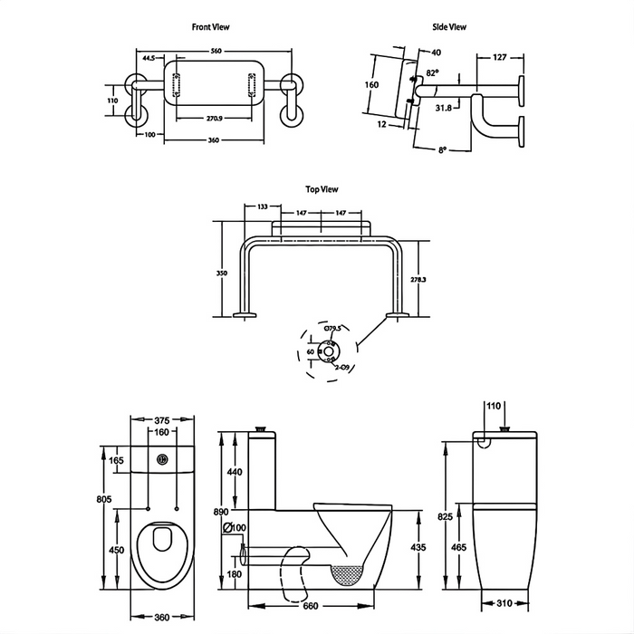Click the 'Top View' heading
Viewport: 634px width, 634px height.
(x=322, y=189)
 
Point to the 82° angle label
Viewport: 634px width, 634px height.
(x=431, y=72)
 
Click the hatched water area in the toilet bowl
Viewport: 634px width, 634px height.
(x=347, y=573)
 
